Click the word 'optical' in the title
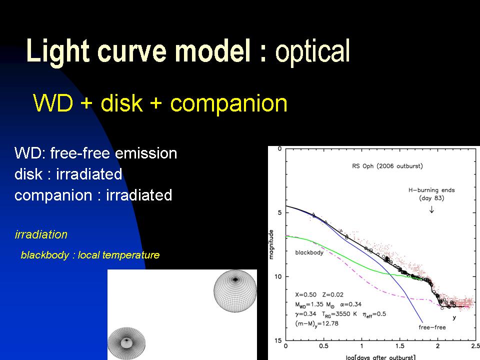click(312, 51)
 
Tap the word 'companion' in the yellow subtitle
click(228, 103)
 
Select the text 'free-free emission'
click(113, 153)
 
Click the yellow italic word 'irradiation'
click(41, 234)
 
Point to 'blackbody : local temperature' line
click(90, 255)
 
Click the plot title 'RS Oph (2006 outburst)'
click(387, 166)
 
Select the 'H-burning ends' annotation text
click(431, 190)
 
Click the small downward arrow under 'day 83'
click(431, 209)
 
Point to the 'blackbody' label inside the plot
click(309, 252)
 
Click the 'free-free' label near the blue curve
click(432, 327)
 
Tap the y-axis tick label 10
click(277, 276)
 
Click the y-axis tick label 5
click(279, 212)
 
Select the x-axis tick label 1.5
click(399, 346)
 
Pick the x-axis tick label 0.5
click(323, 346)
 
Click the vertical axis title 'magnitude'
click(271, 244)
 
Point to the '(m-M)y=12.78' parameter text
click(316, 323)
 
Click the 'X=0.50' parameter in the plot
click(305, 295)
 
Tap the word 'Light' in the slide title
click(58, 51)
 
